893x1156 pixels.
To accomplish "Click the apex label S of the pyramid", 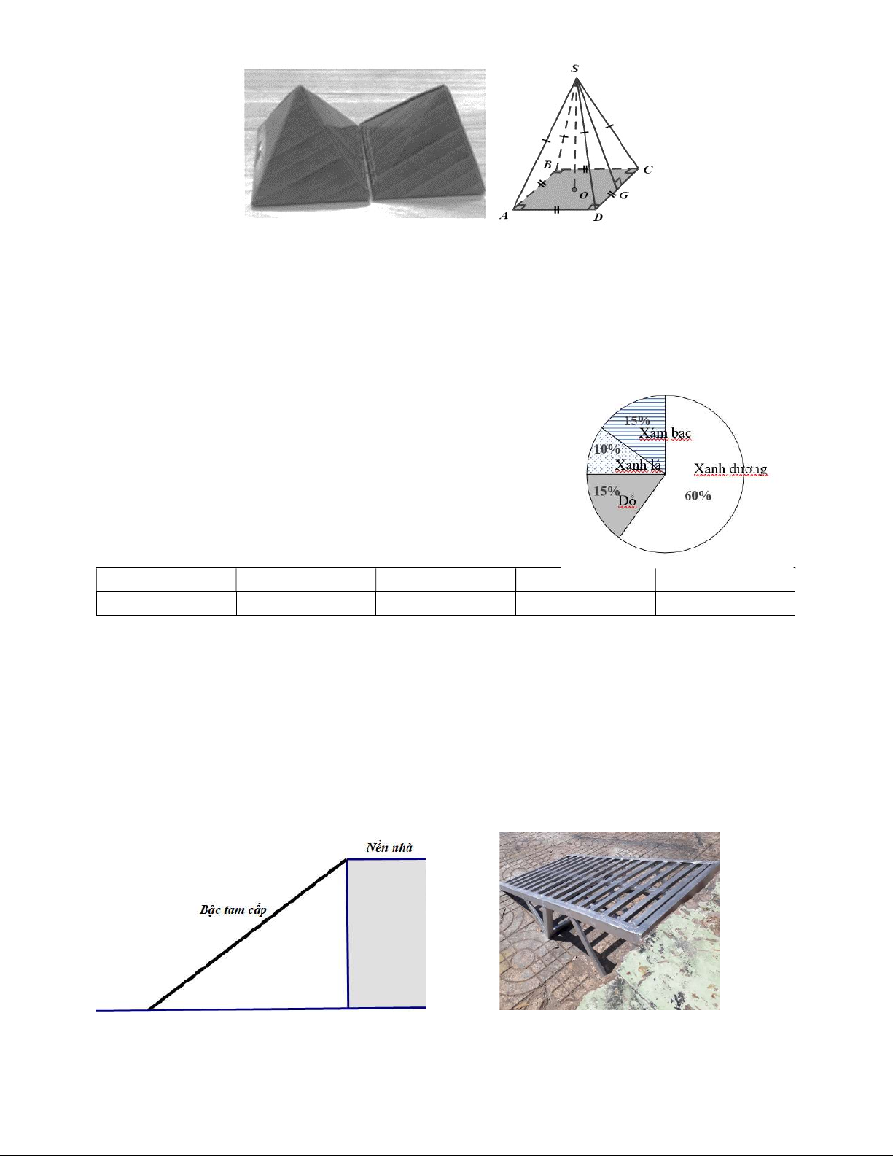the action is (574, 69).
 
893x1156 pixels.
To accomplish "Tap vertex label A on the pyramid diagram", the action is (504, 216).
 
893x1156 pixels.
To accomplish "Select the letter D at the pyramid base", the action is (598, 217).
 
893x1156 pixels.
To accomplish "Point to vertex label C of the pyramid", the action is (647, 170).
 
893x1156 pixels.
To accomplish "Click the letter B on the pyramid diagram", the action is (547, 165).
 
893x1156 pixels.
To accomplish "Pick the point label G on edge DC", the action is (624, 195).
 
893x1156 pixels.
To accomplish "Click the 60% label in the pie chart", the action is (698, 495).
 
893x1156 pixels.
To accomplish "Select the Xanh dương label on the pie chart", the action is (730, 469).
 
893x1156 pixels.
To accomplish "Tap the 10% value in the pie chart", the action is (607, 449).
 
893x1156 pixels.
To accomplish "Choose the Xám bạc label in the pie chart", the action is (665, 433).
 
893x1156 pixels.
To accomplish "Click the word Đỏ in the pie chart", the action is (628, 500).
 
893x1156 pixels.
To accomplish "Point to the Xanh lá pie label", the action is (638, 465).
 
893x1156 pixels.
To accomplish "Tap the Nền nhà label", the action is (389, 847).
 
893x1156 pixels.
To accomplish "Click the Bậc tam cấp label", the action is (233, 909).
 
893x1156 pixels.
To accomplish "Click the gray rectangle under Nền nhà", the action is (387, 933).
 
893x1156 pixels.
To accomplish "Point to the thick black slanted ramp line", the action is (248, 934).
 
